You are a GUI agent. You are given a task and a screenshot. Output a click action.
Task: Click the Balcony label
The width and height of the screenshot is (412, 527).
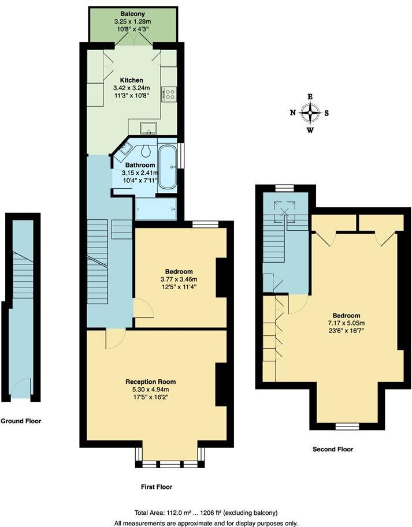click(132, 13)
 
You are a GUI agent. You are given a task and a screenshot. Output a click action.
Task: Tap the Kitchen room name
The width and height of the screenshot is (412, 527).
click(131, 80)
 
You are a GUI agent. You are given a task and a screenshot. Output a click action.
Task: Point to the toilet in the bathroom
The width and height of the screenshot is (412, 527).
click(146, 152)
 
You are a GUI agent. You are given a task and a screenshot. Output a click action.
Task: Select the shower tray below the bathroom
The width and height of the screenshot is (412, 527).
click(155, 209)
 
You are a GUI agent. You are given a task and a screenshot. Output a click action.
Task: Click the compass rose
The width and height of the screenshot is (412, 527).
click(311, 113)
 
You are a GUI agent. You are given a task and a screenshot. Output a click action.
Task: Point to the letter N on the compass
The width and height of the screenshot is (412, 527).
click(293, 113)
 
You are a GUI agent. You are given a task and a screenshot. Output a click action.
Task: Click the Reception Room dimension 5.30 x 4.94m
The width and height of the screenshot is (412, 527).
click(151, 390)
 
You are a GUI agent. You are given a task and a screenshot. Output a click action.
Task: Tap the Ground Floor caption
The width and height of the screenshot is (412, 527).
click(21, 421)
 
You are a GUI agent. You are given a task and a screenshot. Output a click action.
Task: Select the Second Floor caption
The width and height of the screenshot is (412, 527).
click(332, 449)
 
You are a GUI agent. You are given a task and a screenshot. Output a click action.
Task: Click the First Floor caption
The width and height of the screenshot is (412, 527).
click(157, 487)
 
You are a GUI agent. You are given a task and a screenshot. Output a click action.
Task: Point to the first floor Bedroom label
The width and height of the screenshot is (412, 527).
click(179, 271)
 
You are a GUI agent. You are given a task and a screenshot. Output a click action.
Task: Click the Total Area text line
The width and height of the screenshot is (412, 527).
click(205, 513)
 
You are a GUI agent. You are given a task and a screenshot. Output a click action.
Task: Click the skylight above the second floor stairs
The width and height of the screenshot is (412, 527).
click(284, 209)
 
